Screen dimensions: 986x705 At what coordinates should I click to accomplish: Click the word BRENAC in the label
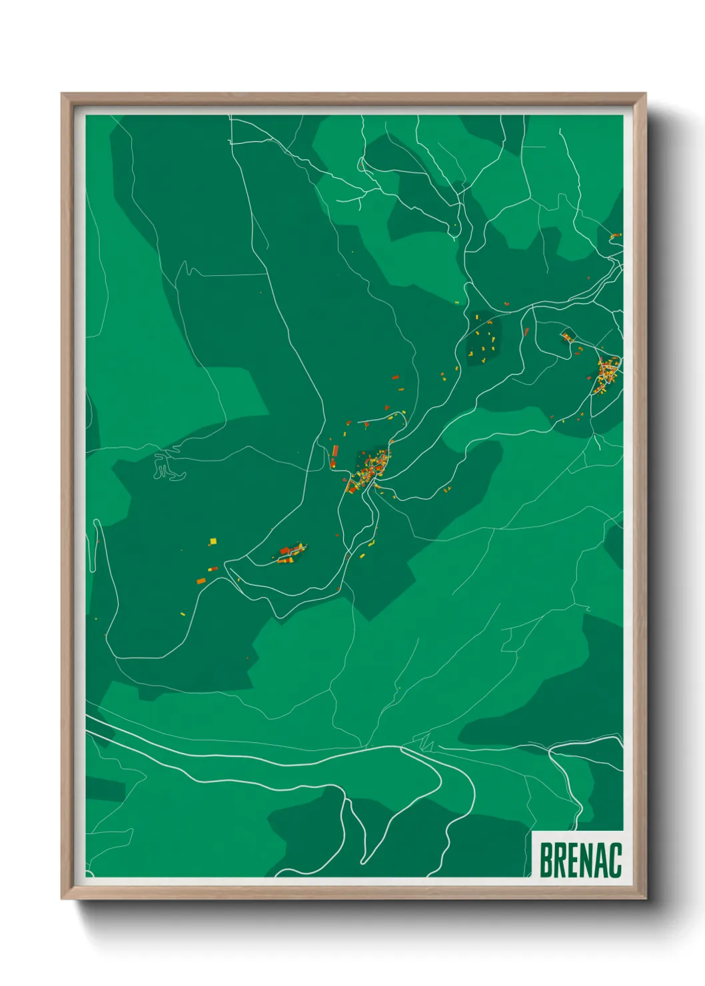[x=580, y=860]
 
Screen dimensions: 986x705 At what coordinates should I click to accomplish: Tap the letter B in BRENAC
[x=546, y=860]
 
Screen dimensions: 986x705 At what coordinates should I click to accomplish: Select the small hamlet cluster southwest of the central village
[x=291, y=554]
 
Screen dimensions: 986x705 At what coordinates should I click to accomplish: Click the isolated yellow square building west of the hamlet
[x=213, y=541]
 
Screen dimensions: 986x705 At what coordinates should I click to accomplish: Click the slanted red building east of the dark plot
[x=526, y=331]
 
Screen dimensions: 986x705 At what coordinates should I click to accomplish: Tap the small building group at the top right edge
[x=615, y=236]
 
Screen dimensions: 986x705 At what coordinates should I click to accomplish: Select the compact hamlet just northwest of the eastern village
[x=568, y=337]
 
